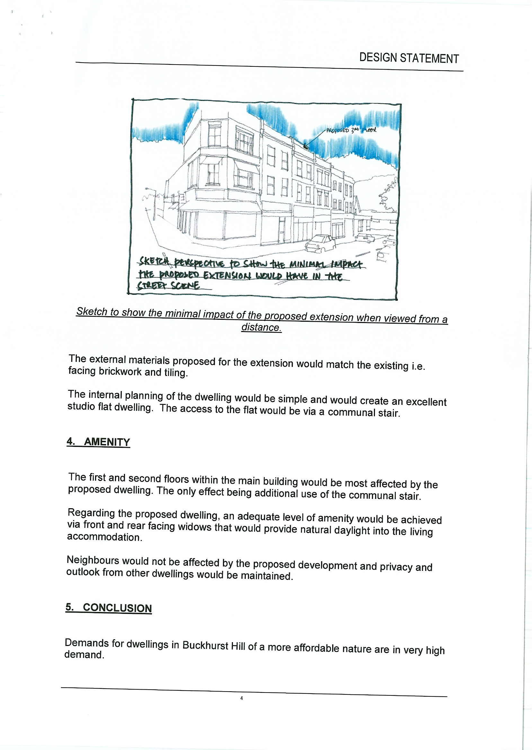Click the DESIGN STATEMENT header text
[409, 58]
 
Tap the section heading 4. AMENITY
[98, 441]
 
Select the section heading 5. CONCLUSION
[109, 607]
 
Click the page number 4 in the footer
[242, 698]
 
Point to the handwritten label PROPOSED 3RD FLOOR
[351, 130]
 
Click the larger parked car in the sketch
[320, 243]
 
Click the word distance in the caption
[261, 327]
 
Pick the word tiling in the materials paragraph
[176, 372]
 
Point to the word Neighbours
[93, 560]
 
